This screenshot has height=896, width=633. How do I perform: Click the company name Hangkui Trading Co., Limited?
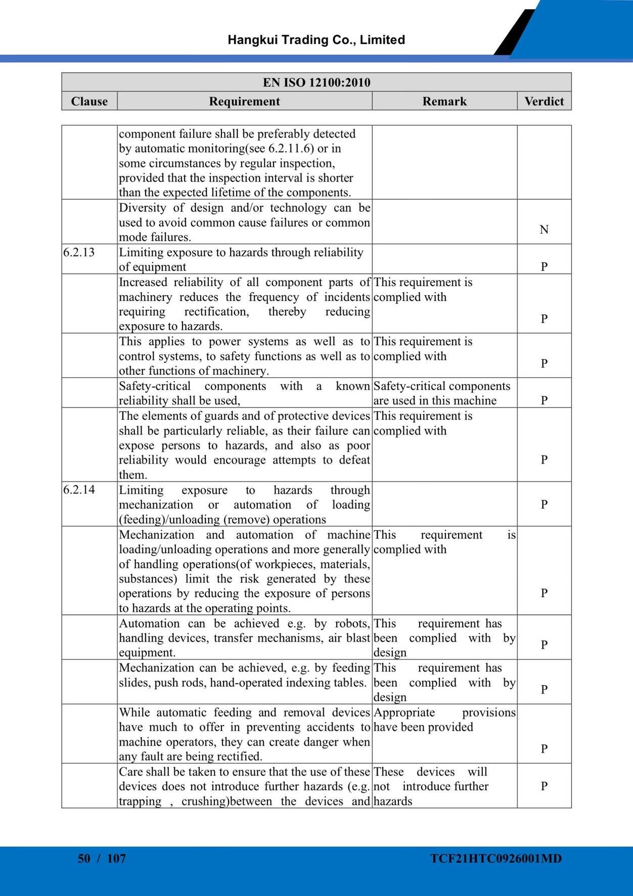tap(316, 40)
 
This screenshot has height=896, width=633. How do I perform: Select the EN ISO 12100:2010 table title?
tap(316, 82)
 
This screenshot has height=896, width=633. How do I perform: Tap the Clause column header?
tap(89, 101)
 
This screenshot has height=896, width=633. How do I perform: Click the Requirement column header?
tap(244, 101)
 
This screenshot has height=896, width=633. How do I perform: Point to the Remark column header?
tap(444, 101)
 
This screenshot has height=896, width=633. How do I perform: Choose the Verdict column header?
tap(544, 101)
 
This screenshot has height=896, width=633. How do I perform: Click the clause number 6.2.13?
tap(79, 252)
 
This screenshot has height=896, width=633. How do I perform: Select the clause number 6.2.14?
tap(79, 489)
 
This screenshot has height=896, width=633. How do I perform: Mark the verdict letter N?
tap(544, 230)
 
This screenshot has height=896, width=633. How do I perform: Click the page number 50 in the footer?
tap(84, 858)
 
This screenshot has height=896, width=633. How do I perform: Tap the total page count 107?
tap(116, 858)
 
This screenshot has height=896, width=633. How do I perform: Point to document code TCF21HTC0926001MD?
tap(496, 858)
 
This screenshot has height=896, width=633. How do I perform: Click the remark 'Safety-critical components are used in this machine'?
tap(441, 393)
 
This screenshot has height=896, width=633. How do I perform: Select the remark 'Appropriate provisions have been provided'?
tap(444, 720)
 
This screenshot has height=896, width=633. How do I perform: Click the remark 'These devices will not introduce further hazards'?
tap(431, 786)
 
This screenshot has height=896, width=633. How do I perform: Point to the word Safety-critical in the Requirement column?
tap(155, 386)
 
